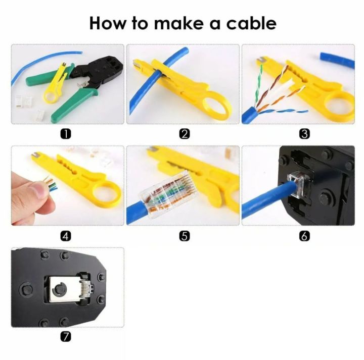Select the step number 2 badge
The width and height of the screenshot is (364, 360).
pos(185,133)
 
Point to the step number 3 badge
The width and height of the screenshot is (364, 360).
pos(304,133)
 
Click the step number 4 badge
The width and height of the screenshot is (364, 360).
pos(66,235)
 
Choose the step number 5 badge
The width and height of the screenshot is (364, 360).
pos(185,235)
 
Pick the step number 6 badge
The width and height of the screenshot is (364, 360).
pos(304,235)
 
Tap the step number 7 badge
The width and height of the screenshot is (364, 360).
pos(66,336)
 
